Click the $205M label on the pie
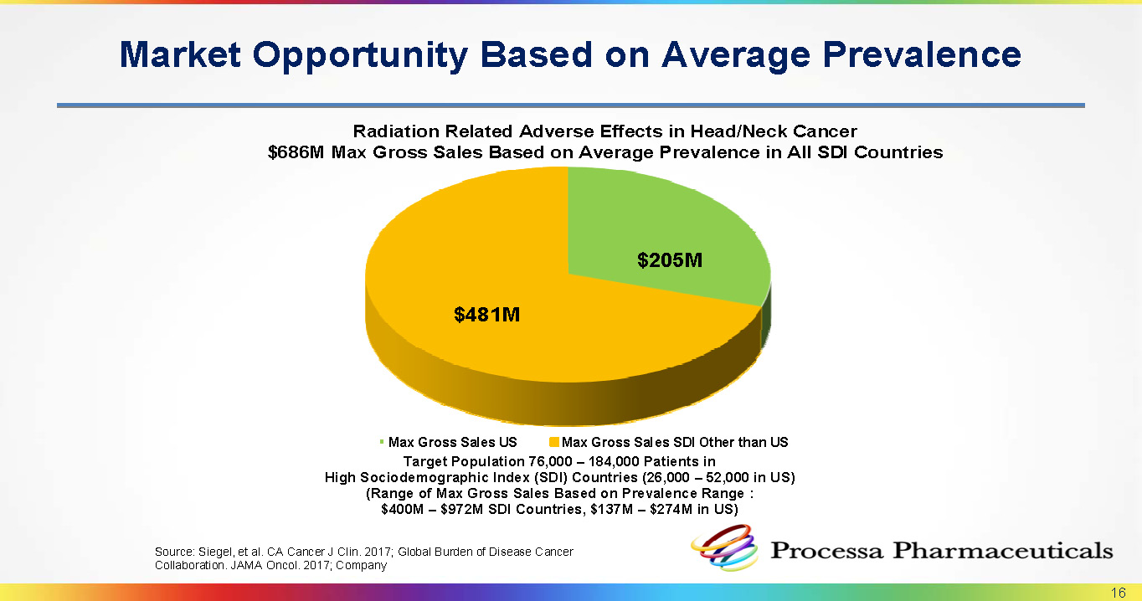[670, 260]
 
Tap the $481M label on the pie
[487, 315]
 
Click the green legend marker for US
[381, 442]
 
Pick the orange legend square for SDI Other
[553, 442]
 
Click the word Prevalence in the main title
[922, 54]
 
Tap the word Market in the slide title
[180, 54]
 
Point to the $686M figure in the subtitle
[296, 152]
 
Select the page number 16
[1118, 593]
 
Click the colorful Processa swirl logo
[724, 548]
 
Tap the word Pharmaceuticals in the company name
[1002, 550]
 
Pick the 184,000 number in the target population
[614, 461]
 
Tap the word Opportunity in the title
[360, 55]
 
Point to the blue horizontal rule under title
[570, 105]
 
